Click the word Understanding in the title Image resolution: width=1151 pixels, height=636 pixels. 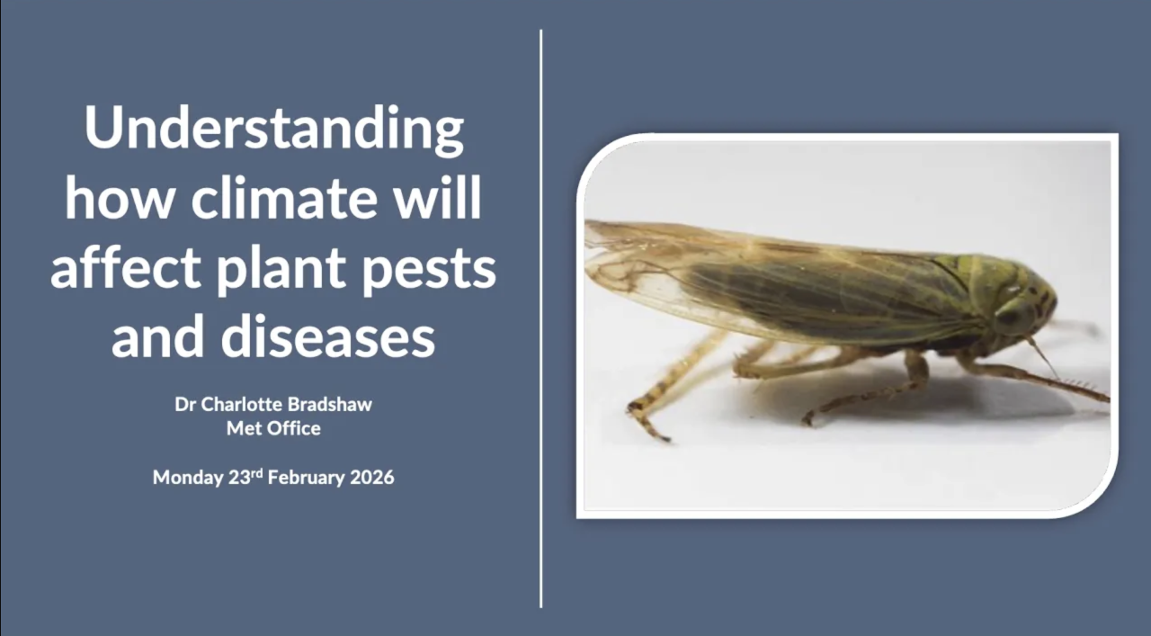point(274,129)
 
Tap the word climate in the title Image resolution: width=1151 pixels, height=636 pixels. point(284,198)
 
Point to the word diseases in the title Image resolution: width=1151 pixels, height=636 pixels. point(328,337)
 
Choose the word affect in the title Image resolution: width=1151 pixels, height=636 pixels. point(125,266)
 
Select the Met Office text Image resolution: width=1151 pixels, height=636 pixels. point(273,428)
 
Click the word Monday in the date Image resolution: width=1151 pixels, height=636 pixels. point(188,478)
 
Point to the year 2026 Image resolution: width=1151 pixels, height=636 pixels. point(372,478)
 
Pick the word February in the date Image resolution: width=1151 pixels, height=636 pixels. point(307,478)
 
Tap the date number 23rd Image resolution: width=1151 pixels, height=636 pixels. point(245,477)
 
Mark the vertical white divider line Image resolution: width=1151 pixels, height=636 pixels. point(541,318)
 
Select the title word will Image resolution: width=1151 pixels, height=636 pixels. point(437,198)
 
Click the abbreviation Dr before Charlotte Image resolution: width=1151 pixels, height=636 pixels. point(184,405)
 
